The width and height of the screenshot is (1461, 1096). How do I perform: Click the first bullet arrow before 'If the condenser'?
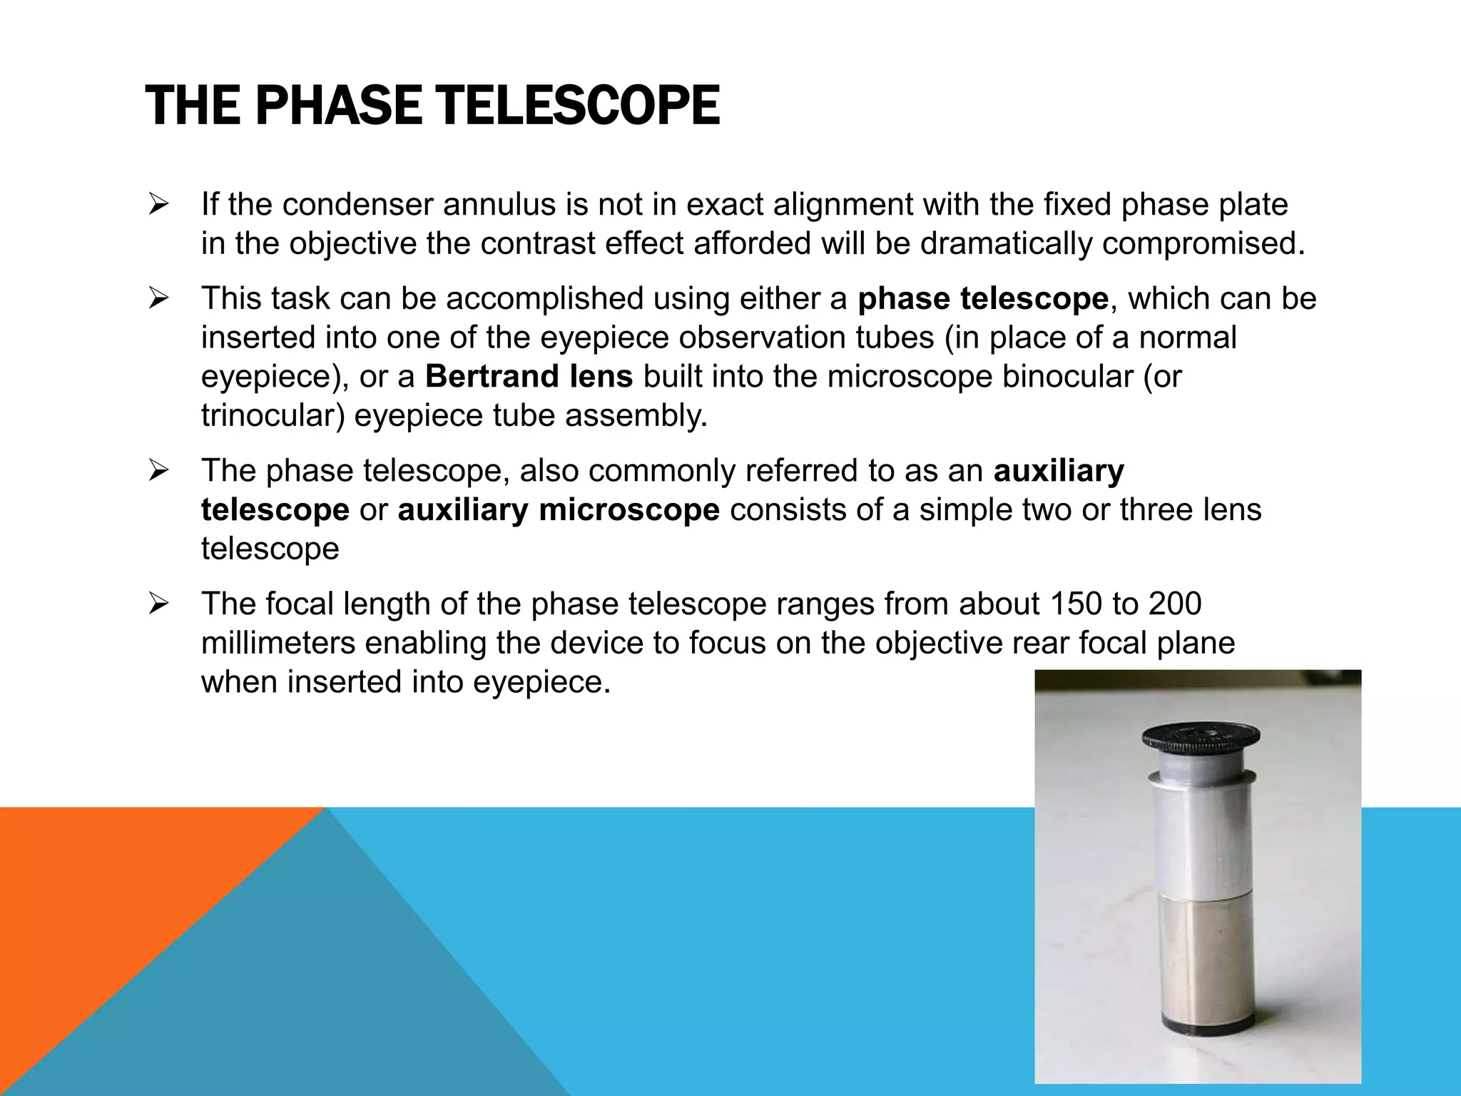pyautogui.click(x=158, y=205)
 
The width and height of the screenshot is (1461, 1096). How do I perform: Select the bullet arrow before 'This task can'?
pyautogui.click(x=158, y=299)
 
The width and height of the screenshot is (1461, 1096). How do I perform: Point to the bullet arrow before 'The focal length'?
pyautogui.click(x=158, y=604)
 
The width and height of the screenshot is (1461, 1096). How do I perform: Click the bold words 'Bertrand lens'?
pyautogui.click(x=529, y=376)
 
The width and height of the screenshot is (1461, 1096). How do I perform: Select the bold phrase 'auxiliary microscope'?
pyautogui.click(x=559, y=510)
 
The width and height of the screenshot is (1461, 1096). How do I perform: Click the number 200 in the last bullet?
pyautogui.click(x=1175, y=604)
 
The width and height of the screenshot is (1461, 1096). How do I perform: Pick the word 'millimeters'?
pyautogui.click(x=278, y=643)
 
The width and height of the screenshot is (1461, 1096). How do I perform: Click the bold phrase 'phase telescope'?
pyautogui.click(x=983, y=299)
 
